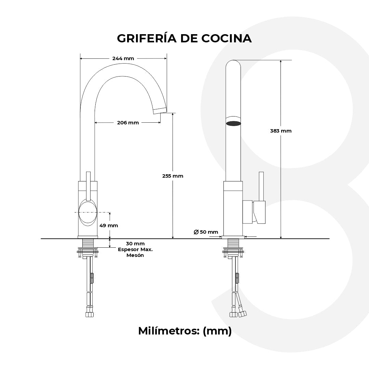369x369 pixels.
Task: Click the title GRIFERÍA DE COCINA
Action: tap(184, 38)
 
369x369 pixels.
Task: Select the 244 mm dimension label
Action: tap(123, 58)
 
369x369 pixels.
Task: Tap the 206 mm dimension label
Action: tap(128, 123)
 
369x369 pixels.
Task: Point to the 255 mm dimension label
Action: tap(173, 176)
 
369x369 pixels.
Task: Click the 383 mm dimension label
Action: tap(281, 131)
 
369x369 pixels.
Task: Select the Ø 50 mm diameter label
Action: tap(206, 232)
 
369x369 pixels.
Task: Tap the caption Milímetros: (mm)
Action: tap(184, 331)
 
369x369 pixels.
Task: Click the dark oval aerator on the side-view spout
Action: tap(234, 123)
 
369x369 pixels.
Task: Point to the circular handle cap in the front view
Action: tap(88, 213)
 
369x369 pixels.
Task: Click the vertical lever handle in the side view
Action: tap(261, 186)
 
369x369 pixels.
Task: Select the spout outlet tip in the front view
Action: tap(159, 110)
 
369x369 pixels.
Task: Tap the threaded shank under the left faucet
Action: tap(88, 243)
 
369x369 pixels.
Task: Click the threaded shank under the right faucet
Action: tap(233, 243)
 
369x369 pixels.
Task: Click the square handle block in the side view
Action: tap(259, 212)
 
